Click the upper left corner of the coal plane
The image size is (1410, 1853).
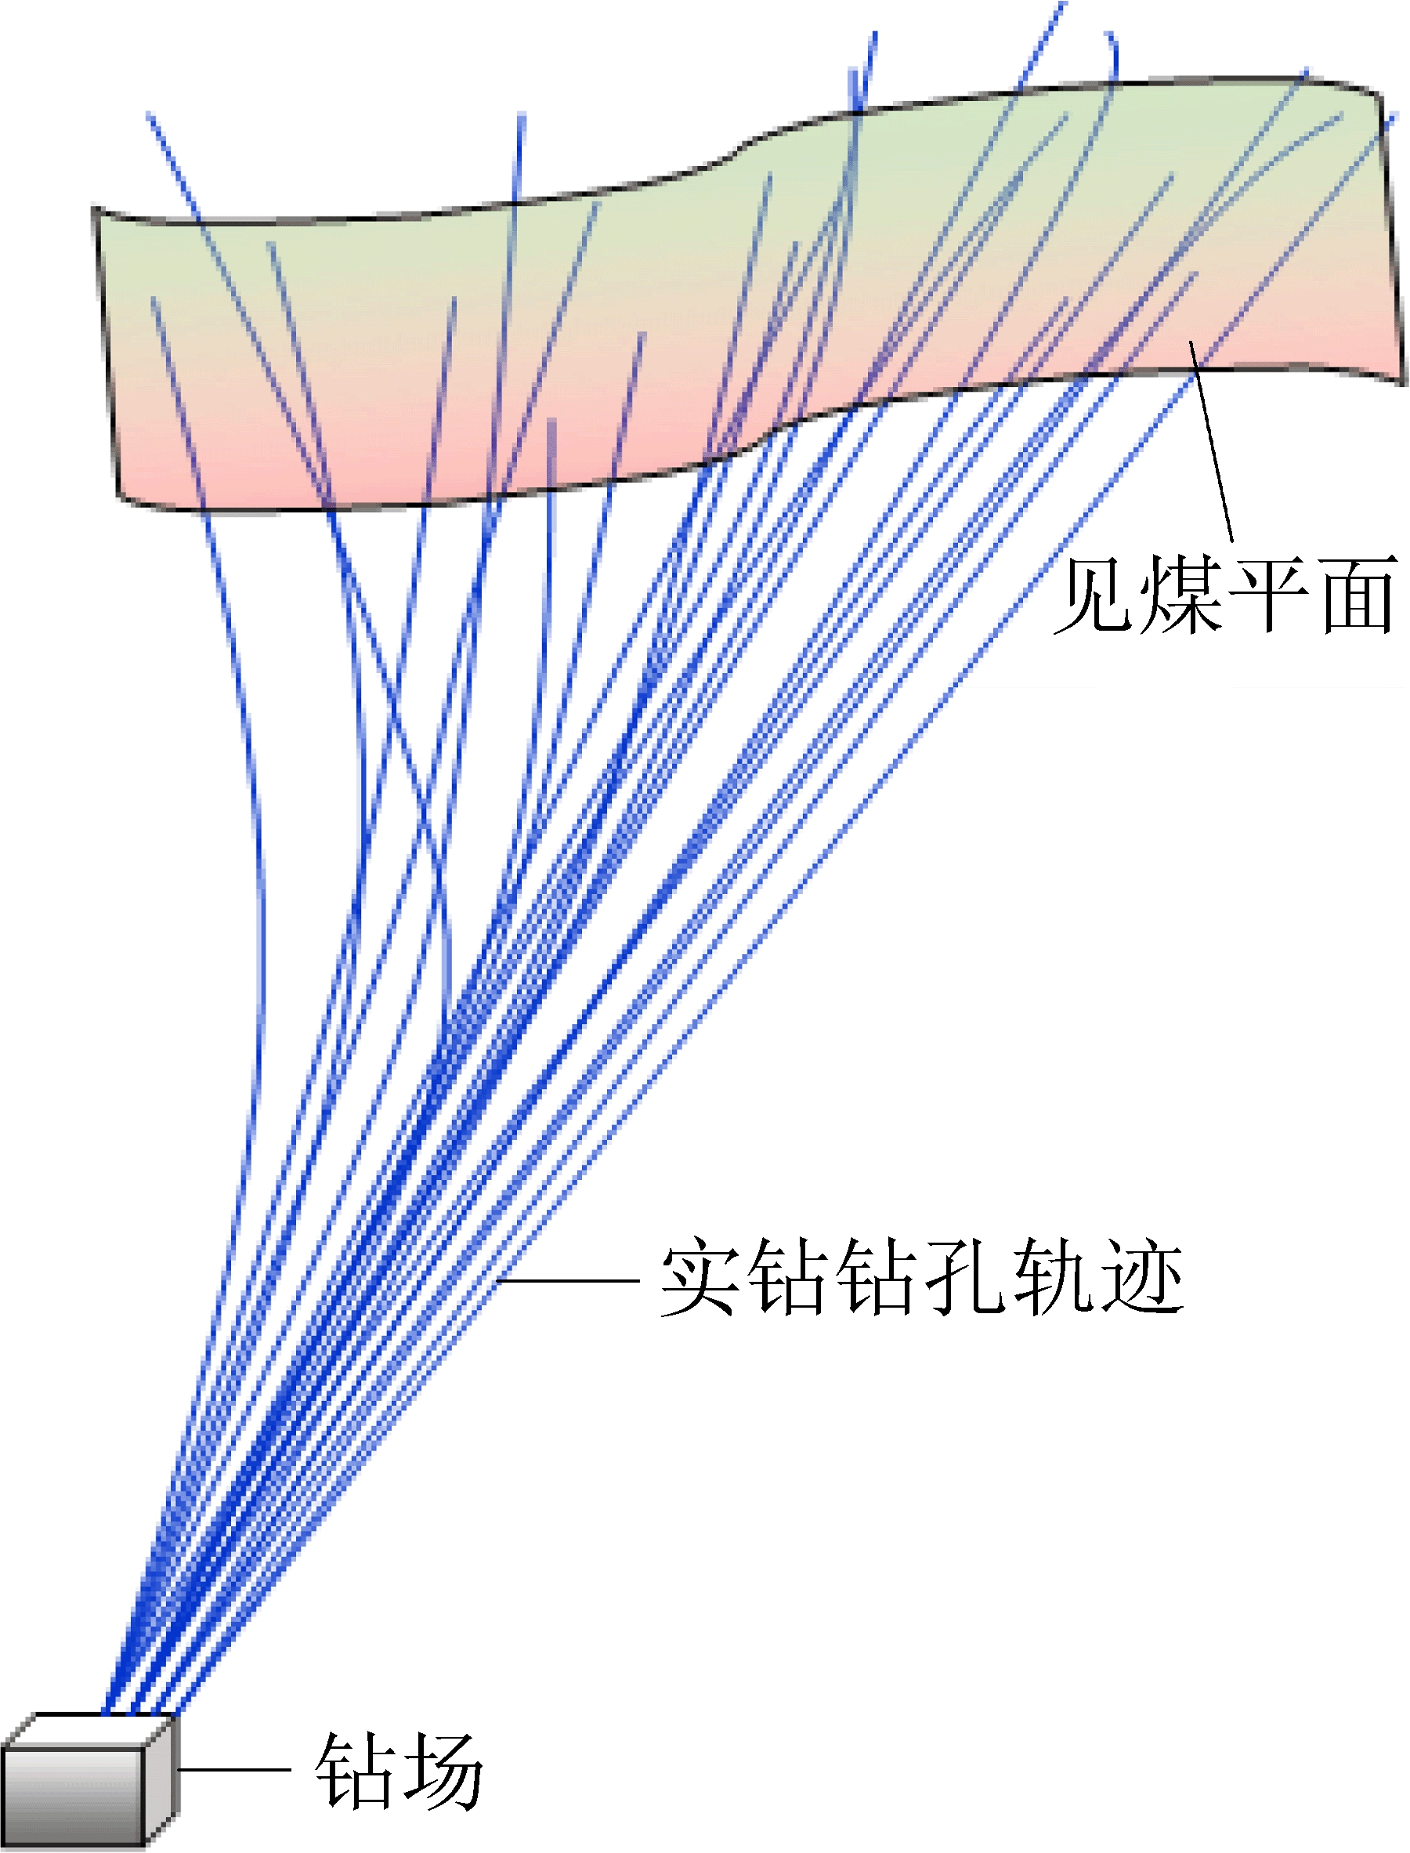pos(94,209)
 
